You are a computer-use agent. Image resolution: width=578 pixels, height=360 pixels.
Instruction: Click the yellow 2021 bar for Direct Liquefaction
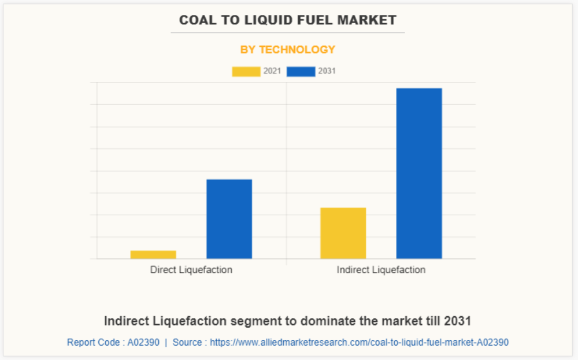tap(153, 254)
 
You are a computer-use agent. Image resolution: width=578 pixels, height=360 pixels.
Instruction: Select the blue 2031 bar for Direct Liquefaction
tap(229, 219)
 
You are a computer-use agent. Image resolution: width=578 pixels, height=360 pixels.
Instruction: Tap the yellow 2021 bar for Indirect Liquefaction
tap(343, 233)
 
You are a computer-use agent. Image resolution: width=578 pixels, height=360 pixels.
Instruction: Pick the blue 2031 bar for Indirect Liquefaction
tap(419, 173)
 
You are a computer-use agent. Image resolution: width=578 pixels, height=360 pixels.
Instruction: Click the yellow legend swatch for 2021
tap(246, 72)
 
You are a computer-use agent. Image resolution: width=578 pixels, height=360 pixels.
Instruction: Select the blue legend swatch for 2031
tap(301, 72)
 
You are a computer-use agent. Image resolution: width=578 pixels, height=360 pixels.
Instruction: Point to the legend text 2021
tap(272, 72)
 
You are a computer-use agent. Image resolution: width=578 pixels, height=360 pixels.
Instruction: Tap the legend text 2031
tap(327, 72)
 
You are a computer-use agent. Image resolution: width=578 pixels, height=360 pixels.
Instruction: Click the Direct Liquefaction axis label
tap(191, 270)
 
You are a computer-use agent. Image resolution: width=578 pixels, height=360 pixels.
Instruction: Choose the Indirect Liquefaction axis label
tap(381, 270)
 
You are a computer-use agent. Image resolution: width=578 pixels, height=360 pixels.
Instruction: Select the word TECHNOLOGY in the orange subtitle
tap(297, 50)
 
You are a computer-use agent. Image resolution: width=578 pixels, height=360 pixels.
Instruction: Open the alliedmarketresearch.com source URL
tap(359, 342)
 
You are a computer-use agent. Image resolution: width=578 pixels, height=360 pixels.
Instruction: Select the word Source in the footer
tap(187, 342)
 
